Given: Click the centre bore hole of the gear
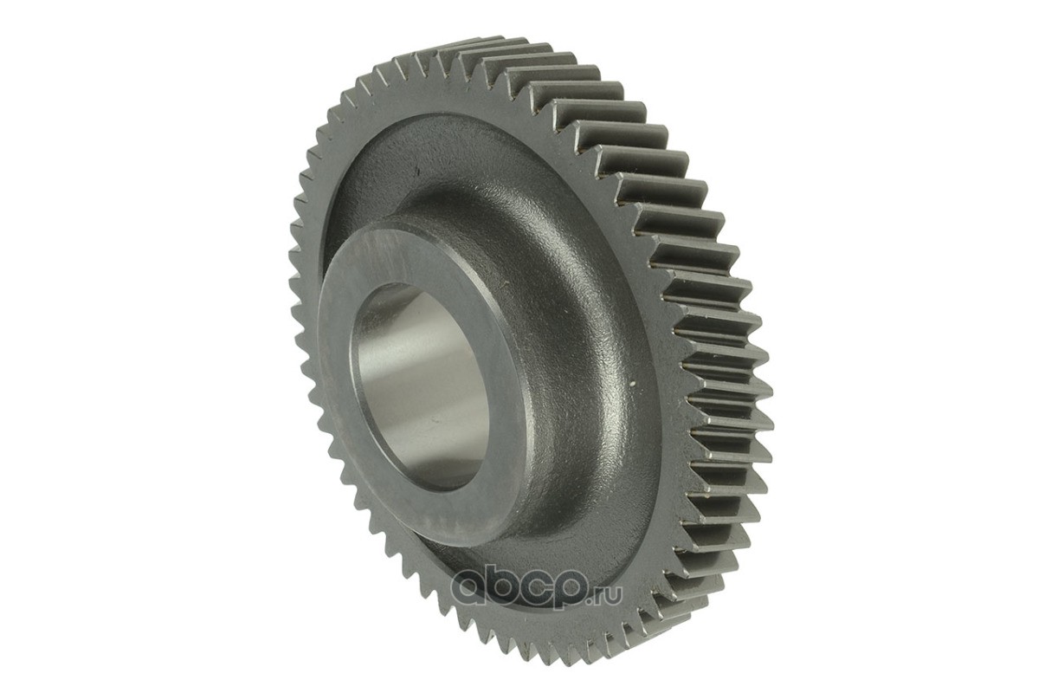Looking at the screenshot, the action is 420,387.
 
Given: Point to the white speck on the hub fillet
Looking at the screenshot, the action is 633,385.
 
